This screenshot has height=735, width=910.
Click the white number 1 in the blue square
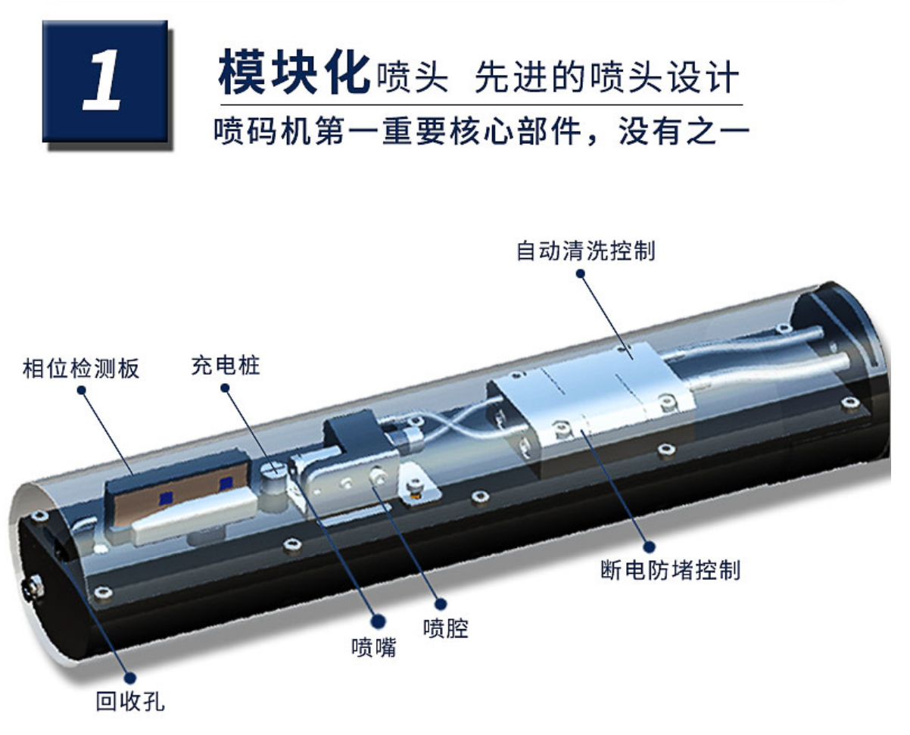point(101,80)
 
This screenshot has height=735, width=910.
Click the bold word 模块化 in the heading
point(294,72)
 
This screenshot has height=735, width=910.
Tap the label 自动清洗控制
point(585,251)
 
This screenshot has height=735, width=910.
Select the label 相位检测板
point(81,369)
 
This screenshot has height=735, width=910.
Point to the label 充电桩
point(225,366)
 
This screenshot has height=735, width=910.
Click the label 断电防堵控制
point(670,570)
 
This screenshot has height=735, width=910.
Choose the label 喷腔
point(446,629)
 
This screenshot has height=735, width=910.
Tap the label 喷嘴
point(374,647)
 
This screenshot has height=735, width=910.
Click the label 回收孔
point(130,701)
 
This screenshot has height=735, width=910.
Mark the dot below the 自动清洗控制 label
point(581,274)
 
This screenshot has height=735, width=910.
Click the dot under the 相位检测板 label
point(81,391)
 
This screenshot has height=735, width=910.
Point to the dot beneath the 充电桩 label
point(225,388)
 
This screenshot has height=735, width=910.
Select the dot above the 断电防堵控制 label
point(649,547)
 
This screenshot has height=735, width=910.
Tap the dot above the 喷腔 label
point(441,604)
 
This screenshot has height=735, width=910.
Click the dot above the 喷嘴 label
point(378,621)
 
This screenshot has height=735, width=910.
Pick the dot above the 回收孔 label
point(130,677)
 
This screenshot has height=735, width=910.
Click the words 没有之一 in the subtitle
point(684,131)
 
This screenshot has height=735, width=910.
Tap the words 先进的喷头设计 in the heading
point(606,77)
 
